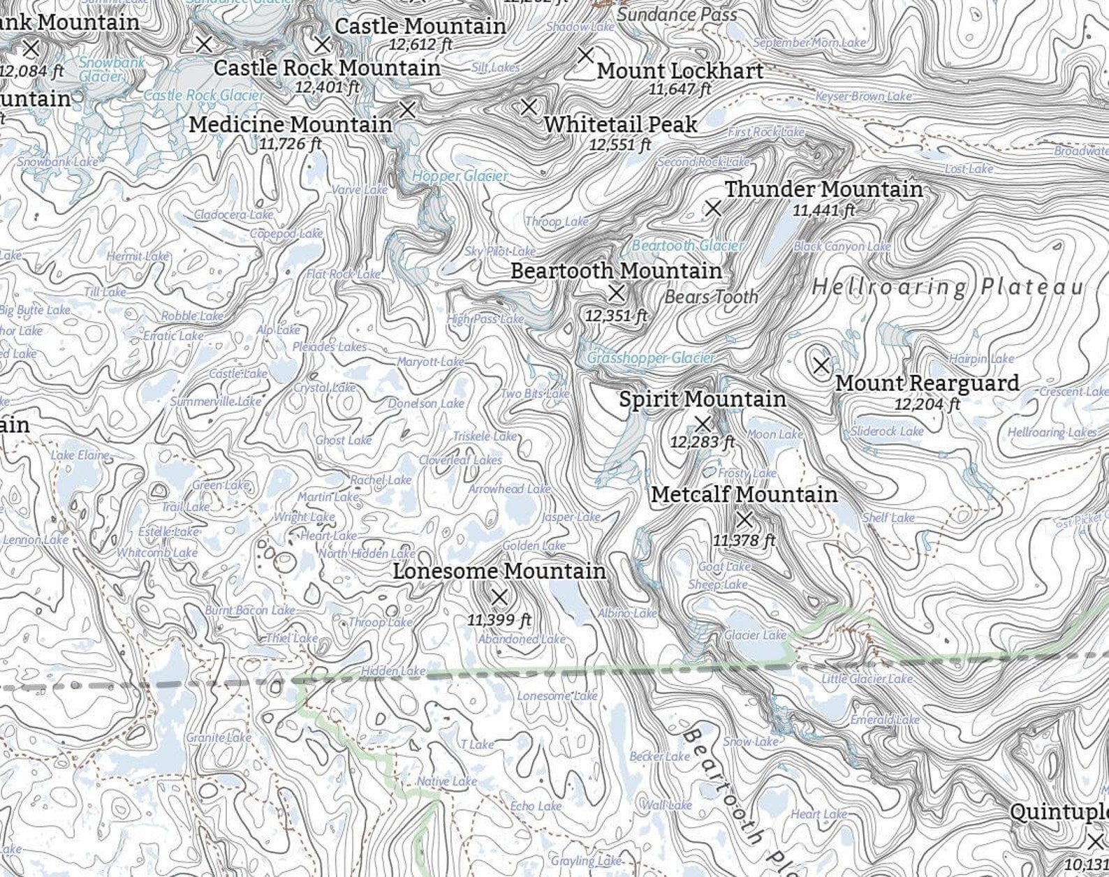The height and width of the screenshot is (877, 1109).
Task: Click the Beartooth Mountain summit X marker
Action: pyautogui.click(x=616, y=293)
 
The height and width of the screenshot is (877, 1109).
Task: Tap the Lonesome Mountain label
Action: pyautogui.click(x=499, y=571)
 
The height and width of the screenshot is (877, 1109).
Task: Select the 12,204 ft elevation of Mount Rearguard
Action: pyautogui.click(x=927, y=404)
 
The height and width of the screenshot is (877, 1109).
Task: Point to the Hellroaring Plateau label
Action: pyautogui.click(x=948, y=287)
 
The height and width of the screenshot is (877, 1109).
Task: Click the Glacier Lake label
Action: pyautogui.click(x=755, y=635)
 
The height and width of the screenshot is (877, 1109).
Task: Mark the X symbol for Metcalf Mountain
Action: pyautogui.click(x=744, y=519)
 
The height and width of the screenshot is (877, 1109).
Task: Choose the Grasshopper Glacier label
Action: pyautogui.click(x=650, y=358)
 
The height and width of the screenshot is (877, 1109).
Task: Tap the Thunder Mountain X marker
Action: pyautogui.click(x=712, y=207)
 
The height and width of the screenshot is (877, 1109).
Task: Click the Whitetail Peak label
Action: pyautogui.click(x=620, y=124)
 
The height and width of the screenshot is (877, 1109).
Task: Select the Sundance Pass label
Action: pyautogui.click(x=677, y=14)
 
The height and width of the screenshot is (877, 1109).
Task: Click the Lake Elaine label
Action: pyautogui.click(x=80, y=455)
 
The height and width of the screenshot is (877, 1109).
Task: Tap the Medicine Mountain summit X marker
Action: pyautogui.click(x=407, y=109)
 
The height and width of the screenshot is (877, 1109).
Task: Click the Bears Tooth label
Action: pyautogui.click(x=711, y=297)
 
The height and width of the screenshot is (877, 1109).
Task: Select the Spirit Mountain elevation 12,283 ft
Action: pyautogui.click(x=702, y=442)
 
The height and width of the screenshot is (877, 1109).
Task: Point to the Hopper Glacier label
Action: pyautogui.click(x=460, y=176)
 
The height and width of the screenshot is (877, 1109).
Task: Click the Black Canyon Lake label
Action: pyautogui.click(x=842, y=246)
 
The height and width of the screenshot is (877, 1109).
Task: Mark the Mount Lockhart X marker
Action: pyautogui.click(x=585, y=54)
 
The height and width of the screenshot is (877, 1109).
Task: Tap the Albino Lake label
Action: pyautogui.click(x=627, y=613)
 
